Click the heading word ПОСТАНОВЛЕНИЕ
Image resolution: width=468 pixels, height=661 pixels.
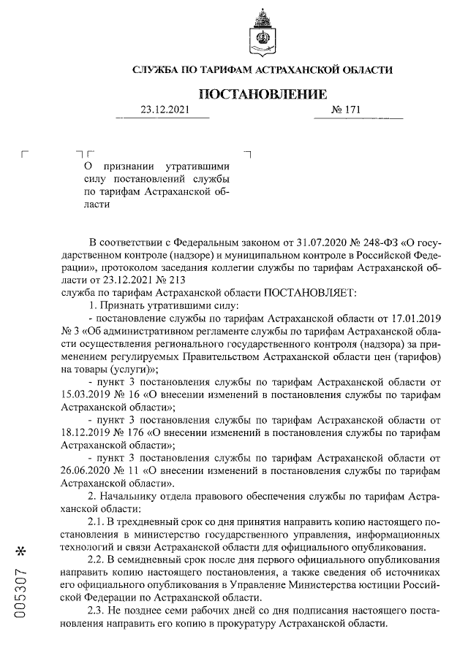263,95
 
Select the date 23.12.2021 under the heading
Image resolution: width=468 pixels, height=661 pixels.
165,110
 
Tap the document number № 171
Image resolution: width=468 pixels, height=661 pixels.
347,110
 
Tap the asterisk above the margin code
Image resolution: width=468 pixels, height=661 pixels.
25,549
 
